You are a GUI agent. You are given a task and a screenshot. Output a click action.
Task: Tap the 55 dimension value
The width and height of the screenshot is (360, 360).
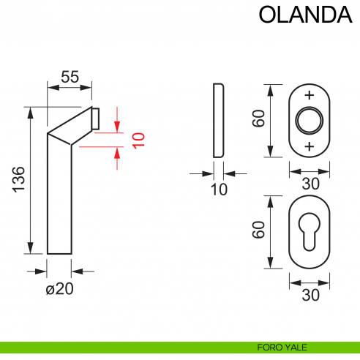[70, 76]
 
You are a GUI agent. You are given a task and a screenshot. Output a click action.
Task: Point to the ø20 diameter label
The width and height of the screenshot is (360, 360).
[60, 288]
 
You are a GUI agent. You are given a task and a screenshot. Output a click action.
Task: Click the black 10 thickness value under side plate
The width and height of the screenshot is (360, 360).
[218, 189]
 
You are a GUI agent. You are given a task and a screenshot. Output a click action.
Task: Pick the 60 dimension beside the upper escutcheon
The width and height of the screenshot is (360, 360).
[258, 119]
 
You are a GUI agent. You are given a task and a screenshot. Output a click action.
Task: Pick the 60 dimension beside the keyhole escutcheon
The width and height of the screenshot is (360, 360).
[258, 230]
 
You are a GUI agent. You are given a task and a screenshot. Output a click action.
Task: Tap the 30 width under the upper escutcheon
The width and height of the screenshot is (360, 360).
[310, 184]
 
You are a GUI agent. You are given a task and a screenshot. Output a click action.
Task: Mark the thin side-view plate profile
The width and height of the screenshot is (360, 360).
[218, 120]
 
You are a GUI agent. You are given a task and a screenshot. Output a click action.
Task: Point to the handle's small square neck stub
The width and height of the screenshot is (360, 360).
[96, 119]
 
